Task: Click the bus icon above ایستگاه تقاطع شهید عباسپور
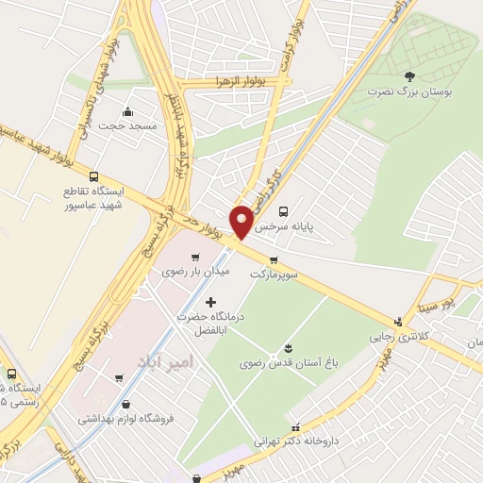coord(92,175)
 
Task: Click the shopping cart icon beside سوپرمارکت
coord(274,259)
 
